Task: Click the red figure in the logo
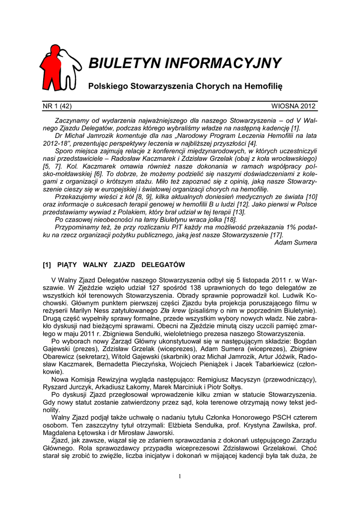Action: point(52,67)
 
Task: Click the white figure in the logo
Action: point(71,69)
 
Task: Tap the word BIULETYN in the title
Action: point(124,63)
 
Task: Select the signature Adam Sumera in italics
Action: point(295,243)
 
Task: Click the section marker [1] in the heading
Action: point(49,264)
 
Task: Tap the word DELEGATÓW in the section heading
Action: point(163,264)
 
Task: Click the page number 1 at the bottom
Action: point(180,477)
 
